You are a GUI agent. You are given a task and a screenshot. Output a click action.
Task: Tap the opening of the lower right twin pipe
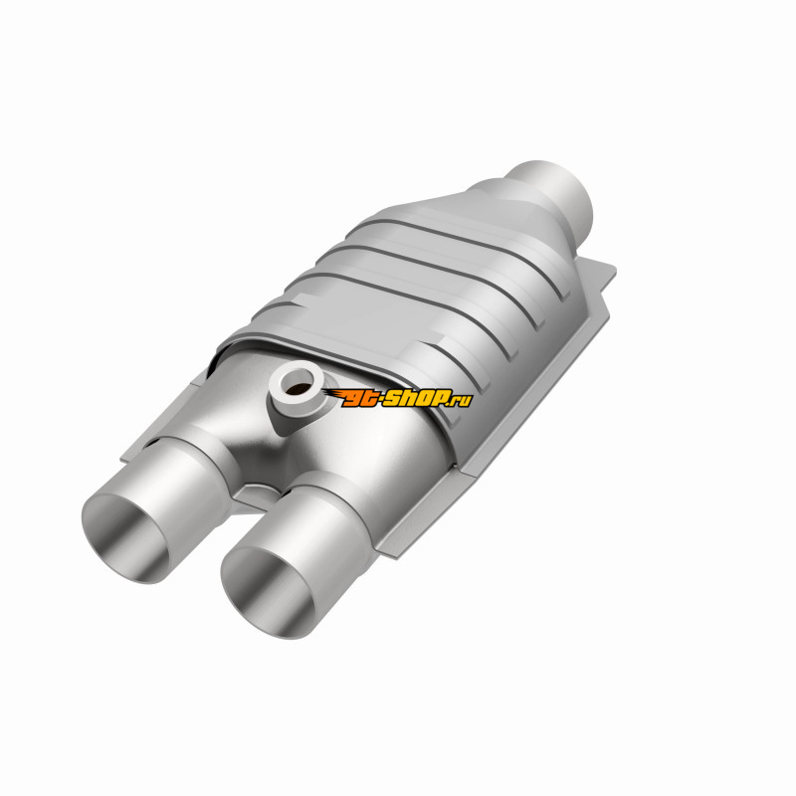pyautogui.click(x=268, y=593)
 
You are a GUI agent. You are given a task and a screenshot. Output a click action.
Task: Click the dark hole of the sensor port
pyautogui.click(x=298, y=384)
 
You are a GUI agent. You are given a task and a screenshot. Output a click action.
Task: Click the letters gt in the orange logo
pyautogui.click(x=359, y=399)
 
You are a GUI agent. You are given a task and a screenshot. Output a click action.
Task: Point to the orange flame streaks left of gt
pyautogui.click(x=332, y=394)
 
